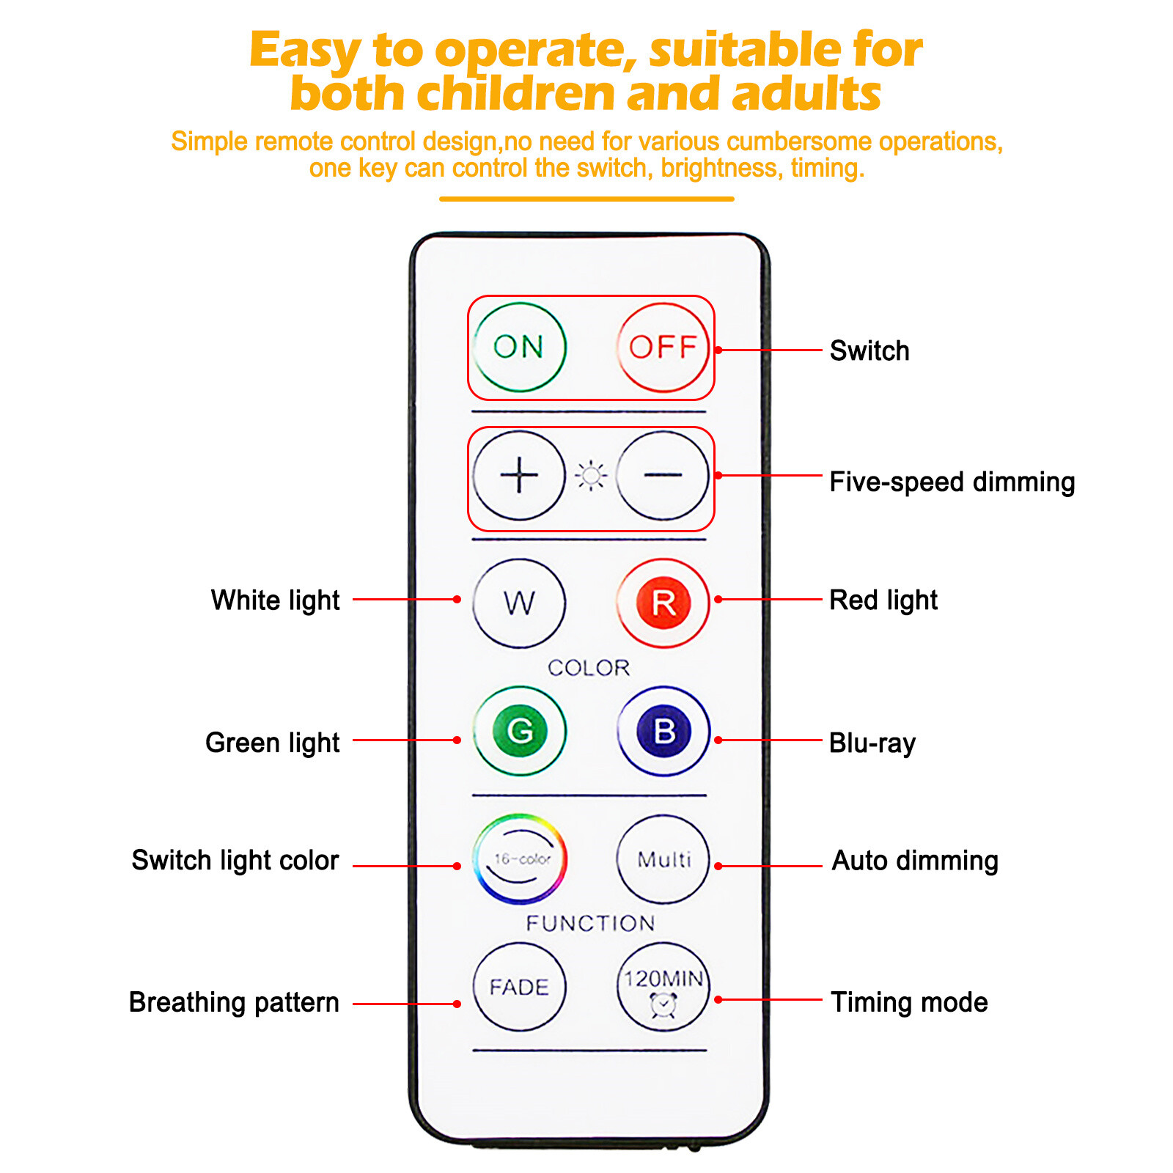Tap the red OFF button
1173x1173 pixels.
(x=663, y=347)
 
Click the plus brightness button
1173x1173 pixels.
(x=519, y=475)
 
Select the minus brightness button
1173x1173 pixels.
(x=663, y=475)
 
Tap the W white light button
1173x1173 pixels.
(x=519, y=603)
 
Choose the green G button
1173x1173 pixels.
(x=519, y=730)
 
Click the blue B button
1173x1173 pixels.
(x=663, y=730)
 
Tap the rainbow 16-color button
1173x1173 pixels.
(x=520, y=858)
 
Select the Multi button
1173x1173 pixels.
(x=663, y=858)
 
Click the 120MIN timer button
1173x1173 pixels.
(x=663, y=987)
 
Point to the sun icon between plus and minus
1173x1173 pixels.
(x=591, y=476)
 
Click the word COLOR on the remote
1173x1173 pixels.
(x=589, y=668)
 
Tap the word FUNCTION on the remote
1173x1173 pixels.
(x=590, y=923)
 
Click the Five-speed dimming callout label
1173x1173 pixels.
(x=952, y=482)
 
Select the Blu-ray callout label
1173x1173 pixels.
(x=872, y=743)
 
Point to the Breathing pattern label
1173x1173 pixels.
(x=234, y=1002)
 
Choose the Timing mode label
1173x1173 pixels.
(x=909, y=1002)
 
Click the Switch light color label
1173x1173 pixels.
(x=235, y=860)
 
